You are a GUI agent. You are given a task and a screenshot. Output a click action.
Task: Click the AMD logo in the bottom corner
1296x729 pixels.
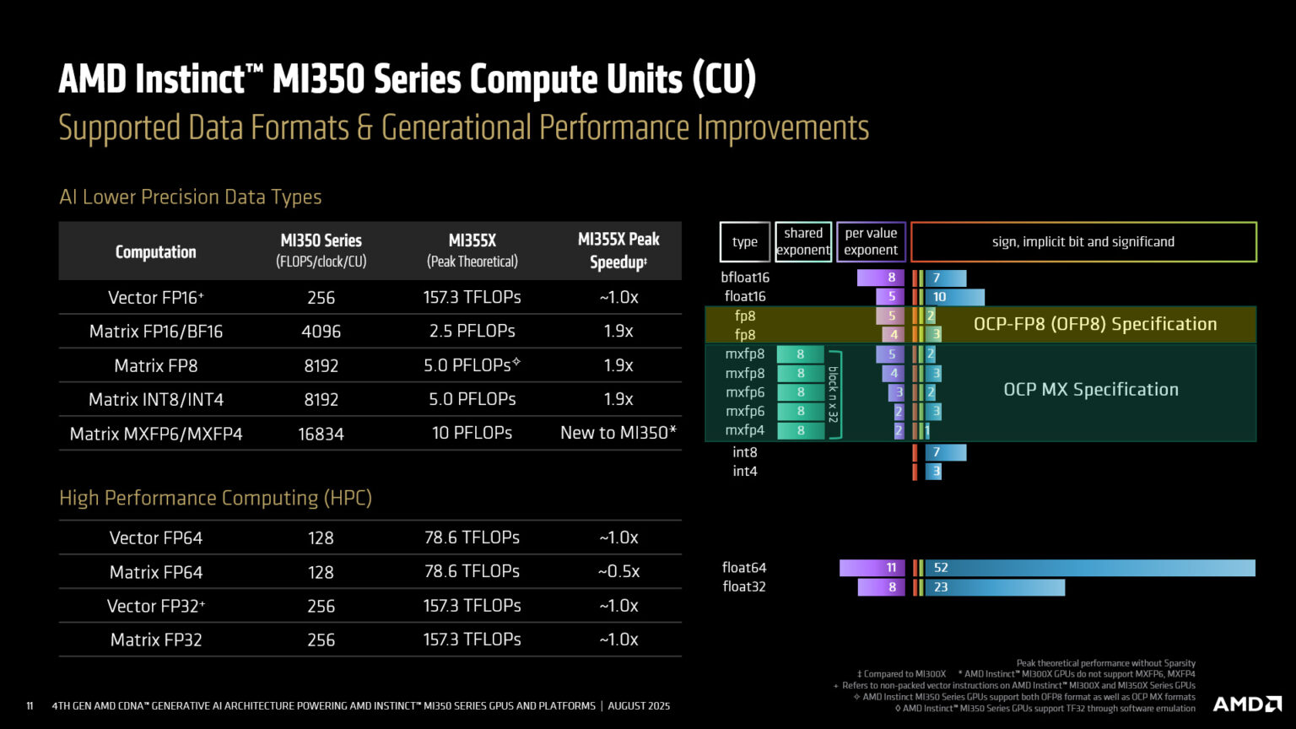pyautogui.click(x=1246, y=704)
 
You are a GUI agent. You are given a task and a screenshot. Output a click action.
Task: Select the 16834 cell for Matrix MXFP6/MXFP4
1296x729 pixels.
pyautogui.click(x=321, y=434)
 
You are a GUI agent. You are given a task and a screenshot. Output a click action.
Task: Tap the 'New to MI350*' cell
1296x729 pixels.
pyautogui.click(x=618, y=433)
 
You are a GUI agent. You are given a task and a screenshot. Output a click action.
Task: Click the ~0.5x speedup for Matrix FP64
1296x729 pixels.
pyautogui.click(x=618, y=571)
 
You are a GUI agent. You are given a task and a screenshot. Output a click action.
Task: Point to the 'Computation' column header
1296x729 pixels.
pyautogui.click(x=155, y=251)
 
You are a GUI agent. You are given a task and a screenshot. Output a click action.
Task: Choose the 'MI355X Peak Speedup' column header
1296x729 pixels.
pyautogui.click(x=618, y=251)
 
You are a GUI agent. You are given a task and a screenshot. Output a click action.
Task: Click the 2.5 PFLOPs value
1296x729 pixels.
pyautogui.click(x=472, y=331)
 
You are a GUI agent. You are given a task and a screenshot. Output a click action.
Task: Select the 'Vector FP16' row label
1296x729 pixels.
pyautogui.click(x=155, y=297)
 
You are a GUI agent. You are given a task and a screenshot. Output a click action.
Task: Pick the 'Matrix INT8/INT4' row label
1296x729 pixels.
pyautogui.click(x=155, y=399)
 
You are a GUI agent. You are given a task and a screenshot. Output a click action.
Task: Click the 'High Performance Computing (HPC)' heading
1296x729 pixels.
pyautogui.click(x=215, y=498)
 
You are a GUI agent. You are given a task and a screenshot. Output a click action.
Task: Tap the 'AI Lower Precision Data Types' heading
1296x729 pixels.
pyautogui.click(x=190, y=197)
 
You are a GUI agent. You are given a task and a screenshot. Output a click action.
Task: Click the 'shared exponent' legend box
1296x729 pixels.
pyautogui.click(x=802, y=241)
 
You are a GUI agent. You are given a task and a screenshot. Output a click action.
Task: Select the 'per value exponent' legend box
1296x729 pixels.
pyautogui.click(x=871, y=241)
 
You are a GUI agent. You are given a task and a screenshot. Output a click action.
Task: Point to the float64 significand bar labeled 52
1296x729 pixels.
pyautogui.click(x=1089, y=568)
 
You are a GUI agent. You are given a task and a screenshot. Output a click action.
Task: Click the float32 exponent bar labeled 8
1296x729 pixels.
pyautogui.click(x=881, y=587)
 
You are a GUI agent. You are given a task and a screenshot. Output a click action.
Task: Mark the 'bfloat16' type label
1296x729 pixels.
pyautogui.click(x=745, y=277)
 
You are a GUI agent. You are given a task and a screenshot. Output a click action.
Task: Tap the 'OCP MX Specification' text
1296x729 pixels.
pyautogui.click(x=1090, y=389)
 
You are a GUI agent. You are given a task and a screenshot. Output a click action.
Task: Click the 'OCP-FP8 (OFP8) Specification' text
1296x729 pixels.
pyautogui.click(x=1094, y=324)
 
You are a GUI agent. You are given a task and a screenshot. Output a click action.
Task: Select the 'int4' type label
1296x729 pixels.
pyautogui.click(x=744, y=471)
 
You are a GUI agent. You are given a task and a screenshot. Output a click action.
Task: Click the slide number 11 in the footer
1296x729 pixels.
pyautogui.click(x=30, y=705)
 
